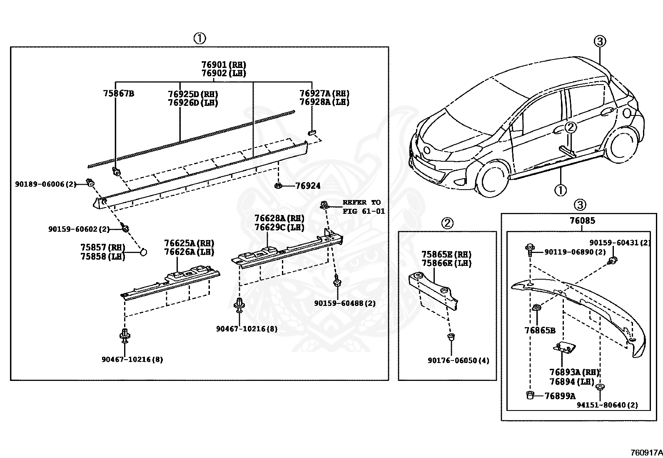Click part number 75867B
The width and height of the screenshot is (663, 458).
(118, 93)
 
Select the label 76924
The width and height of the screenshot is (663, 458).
(308, 186)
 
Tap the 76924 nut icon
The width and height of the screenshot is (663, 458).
(278, 185)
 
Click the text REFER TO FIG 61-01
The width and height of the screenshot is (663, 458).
(363, 207)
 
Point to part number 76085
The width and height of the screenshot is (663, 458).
(582, 221)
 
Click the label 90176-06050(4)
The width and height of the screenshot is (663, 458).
(458, 360)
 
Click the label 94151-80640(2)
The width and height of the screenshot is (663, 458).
(607, 405)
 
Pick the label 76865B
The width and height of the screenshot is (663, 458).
(540, 330)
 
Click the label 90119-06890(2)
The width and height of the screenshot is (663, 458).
(575, 252)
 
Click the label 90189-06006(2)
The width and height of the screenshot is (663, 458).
(46, 184)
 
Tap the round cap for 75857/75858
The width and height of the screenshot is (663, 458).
(143, 252)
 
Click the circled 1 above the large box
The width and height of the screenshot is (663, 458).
(199, 38)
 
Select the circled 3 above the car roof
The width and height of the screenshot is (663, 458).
(599, 41)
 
